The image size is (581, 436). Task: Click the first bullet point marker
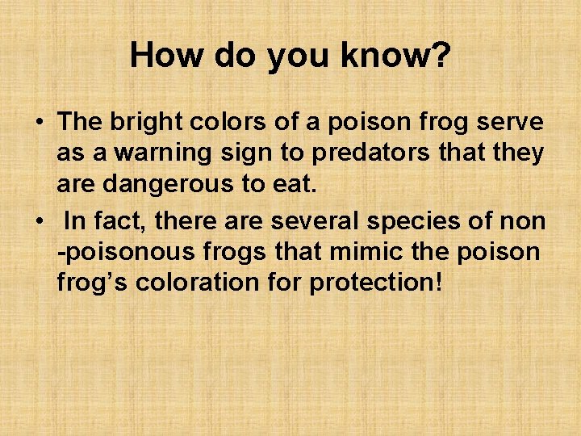point(39,124)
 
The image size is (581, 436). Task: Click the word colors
point(226,122)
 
